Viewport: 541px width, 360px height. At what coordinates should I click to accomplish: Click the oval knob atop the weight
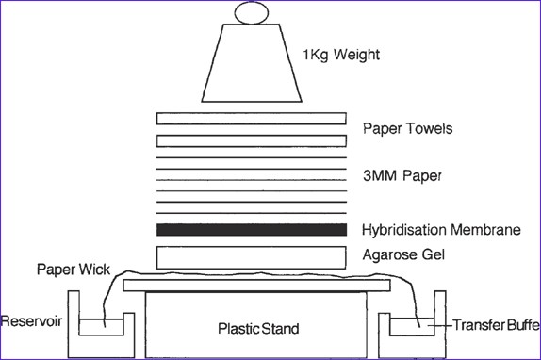coord(252,13)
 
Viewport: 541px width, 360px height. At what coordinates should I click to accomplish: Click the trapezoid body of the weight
coord(252,63)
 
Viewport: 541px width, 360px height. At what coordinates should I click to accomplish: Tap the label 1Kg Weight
coord(341,56)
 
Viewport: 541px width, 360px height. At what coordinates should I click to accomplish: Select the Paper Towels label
coord(407,128)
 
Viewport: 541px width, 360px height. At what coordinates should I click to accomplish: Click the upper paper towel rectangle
coord(251,119)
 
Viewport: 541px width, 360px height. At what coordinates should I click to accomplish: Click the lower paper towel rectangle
coord(251,141)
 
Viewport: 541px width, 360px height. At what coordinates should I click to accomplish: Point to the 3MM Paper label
coord(402,176)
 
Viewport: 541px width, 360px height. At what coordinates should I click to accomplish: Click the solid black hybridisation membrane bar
coord(252,230)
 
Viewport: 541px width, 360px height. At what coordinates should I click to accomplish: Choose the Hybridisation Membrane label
coord(441,230)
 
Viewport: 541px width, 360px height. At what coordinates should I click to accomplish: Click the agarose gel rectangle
coord(251,257)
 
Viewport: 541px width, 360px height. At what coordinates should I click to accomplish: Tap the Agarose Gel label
coord(403,255)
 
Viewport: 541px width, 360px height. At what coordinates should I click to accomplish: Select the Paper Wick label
coord(74,270)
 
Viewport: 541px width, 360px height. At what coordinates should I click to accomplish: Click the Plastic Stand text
coord(258,329)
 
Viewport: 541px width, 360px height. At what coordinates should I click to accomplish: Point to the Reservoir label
coord(31,321)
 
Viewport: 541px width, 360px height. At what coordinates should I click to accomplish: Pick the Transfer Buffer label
coord(496,325)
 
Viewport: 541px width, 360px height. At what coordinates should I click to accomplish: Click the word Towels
coord(430,128)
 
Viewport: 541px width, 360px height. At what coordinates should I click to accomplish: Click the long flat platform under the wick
coord(256,286)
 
